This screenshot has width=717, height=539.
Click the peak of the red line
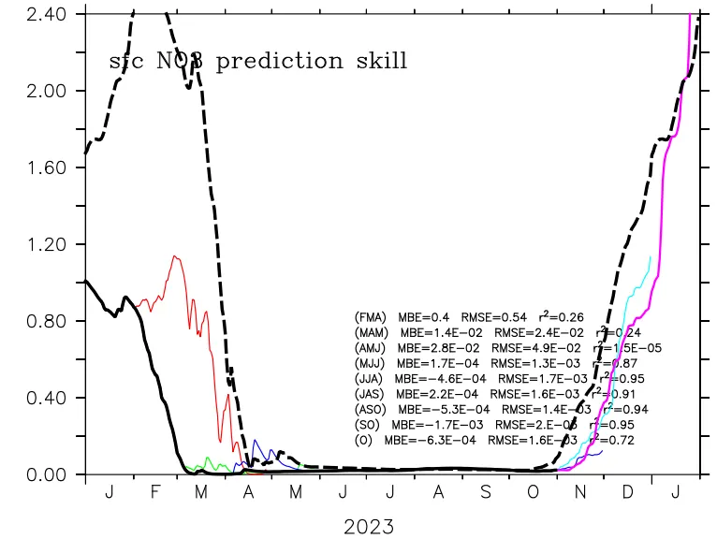[x=174, y=256]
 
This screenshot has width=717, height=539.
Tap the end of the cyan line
[x=650, y=256]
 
